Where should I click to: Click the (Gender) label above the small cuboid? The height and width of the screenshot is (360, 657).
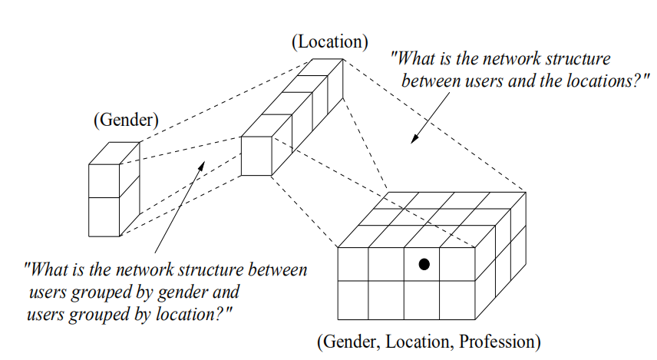coord(125,121)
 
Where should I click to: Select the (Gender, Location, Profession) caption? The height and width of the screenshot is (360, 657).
coord(428,340)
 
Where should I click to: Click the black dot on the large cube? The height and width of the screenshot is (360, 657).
coord(423,264)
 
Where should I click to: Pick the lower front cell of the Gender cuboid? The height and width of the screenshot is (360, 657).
coord(104,217)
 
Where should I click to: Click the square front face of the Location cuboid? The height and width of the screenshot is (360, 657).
coord(256,157)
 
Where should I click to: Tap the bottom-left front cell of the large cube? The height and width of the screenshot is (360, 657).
coord(353,300)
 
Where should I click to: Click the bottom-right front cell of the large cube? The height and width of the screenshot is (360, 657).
coord(458,300)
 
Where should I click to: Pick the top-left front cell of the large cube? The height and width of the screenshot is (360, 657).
coord(353,263)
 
